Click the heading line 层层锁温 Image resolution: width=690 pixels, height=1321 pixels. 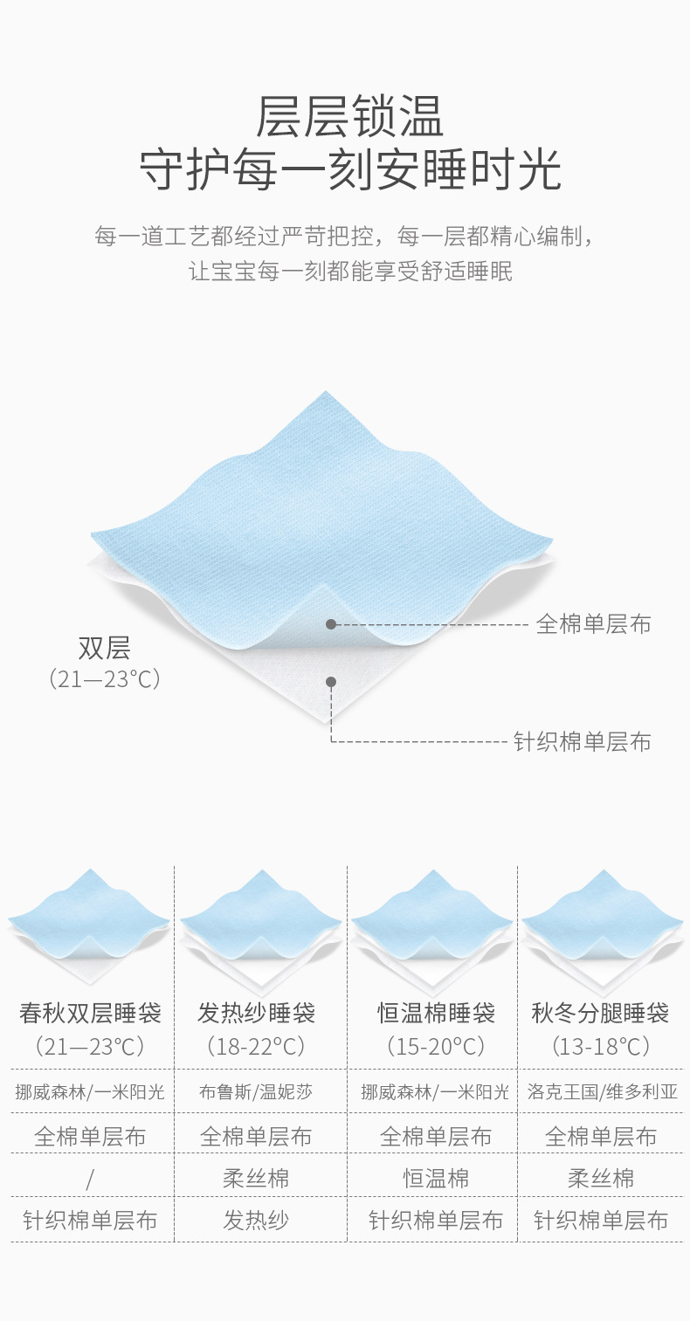point(349,116)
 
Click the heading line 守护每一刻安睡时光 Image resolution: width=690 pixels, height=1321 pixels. point(349,170)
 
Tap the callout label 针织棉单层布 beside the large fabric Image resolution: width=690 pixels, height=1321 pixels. point(582,742)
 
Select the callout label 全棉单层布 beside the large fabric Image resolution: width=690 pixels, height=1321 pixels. point(593,624)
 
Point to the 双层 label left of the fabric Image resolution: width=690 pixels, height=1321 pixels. point(104,648)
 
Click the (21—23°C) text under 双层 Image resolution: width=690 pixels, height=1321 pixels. point(104,678)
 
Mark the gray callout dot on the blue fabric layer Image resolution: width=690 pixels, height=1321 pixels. point(331,624)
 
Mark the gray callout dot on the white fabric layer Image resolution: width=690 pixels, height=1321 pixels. point(331,682)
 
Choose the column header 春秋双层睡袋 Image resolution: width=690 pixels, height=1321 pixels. point(90,1013)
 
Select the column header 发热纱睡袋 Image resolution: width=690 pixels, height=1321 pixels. point(256,1013)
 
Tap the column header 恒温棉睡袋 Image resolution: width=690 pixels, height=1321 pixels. point(436,1013)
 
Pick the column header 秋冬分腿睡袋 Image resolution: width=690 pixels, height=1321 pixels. point(601,1013)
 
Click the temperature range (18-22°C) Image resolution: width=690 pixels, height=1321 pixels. point(256,1045)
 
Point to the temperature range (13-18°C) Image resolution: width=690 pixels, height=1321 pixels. point(601,1045)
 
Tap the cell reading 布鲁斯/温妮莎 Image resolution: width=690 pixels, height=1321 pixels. point(256,1091)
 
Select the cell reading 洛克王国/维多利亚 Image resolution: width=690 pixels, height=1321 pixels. point(603,1091)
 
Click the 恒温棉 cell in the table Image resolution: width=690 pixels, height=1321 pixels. point(436,1179)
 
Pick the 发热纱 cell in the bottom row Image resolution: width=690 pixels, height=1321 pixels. point(256,1221)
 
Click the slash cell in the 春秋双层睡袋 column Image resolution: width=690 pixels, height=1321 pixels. point(90,1180)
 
